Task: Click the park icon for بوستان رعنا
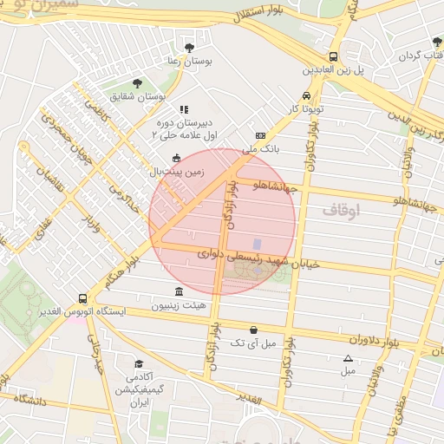click(190, 48)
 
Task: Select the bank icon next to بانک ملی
click(260, 136)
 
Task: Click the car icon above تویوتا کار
click(306, 96)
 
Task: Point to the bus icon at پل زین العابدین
click(334, 55)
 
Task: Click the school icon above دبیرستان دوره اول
click(183, 110)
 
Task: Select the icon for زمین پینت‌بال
click(178, 158)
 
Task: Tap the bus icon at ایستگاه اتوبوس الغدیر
click(82, 297)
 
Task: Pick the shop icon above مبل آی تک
click(252, 330)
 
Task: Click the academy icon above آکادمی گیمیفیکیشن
click(139, 364)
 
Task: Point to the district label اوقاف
click(340, 211)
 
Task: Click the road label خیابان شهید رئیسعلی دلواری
click(259, 258)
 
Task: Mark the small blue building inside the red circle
click(257, 245)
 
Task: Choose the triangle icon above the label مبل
click(348, 358)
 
